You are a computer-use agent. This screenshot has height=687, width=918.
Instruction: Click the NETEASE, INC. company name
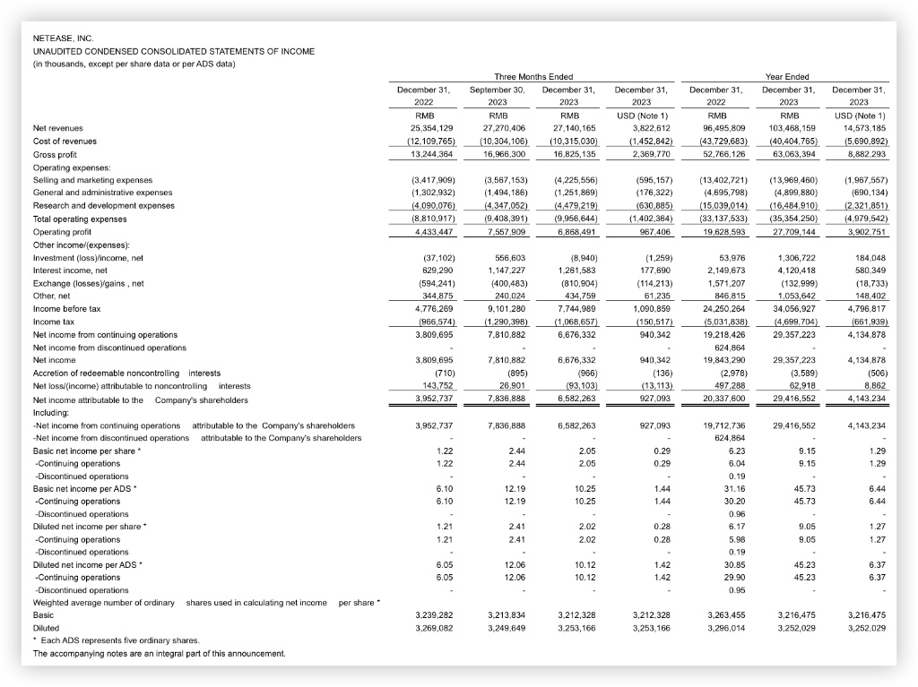[62, 39]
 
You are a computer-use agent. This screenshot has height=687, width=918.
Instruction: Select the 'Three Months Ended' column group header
[533, 77]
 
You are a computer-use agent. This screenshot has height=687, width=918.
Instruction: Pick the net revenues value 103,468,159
[788, 128]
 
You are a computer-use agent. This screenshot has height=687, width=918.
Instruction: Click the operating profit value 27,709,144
[790, 232]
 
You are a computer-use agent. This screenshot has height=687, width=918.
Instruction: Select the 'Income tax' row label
[53, 322]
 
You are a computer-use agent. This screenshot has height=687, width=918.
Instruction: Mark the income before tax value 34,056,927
[790, 309]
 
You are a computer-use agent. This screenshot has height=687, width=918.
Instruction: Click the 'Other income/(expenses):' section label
[82, 245]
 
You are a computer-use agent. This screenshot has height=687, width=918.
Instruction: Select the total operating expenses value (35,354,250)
[788, 219]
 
